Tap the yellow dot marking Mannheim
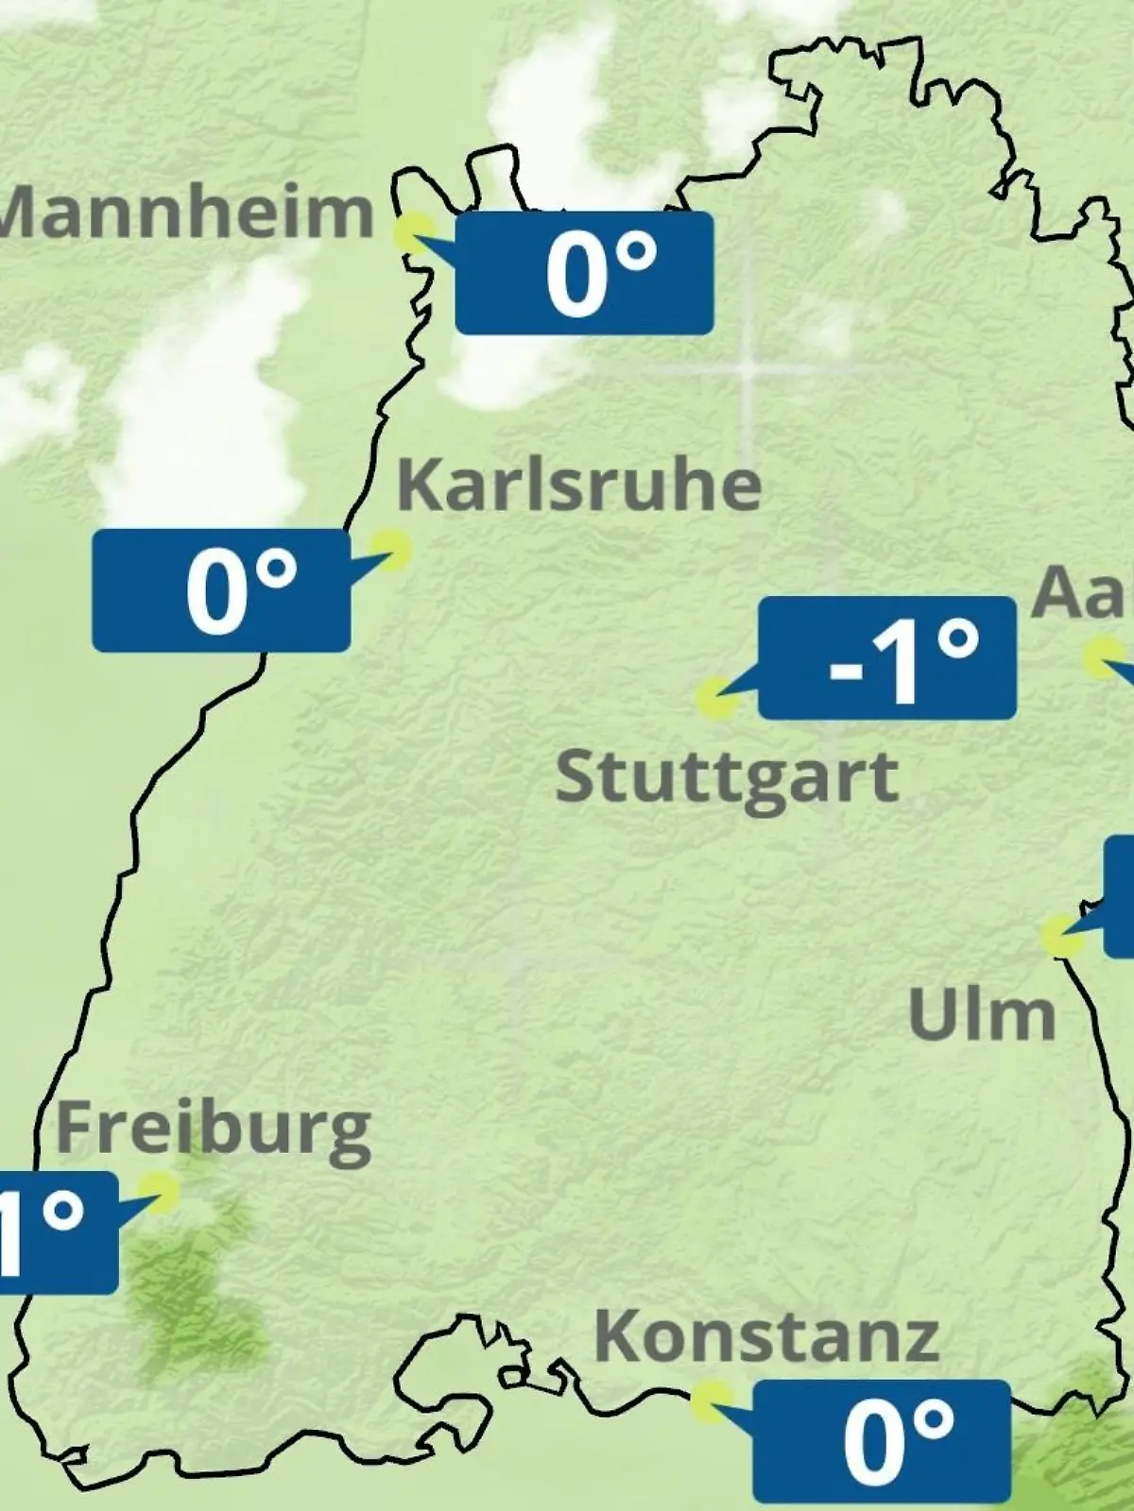click(x=414, y=232)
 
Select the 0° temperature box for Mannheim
click(x=584, y=273)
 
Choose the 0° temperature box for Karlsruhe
click(x=221, y=590)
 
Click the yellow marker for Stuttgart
click(x=715, y=699)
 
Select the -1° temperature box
click(x=887, y=657)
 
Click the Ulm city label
click(x=981, y=1014)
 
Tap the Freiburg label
click(x=214, y=1129)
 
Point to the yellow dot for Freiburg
click(x=158, y=1193)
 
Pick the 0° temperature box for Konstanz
click(x=882, y=1440)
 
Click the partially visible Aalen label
click(x=1083, y=593)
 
